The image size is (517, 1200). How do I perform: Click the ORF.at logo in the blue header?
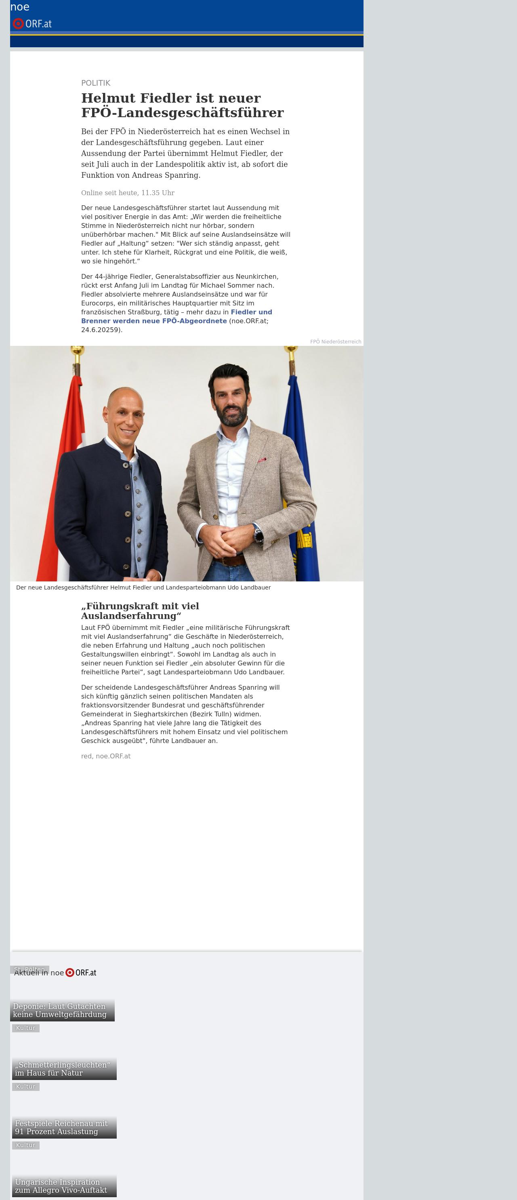point(32,23)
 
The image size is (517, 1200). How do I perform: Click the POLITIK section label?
point(95,83)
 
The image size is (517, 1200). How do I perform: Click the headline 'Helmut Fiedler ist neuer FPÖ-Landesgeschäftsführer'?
point(182,105)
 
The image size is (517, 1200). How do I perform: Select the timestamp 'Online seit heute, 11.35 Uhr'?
point(128,193)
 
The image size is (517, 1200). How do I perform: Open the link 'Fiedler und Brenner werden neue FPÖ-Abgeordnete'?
point(177,316)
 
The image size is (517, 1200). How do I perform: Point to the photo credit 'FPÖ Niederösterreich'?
point(335,341)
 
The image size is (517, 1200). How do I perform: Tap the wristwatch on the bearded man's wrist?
point(258,534)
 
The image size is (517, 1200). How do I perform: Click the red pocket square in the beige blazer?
point(262,460)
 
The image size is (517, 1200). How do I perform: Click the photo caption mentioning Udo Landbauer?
point(143,587)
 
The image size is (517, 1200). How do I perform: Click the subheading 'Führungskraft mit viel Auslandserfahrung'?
point(140,611)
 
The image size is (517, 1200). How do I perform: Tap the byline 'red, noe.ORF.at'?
point(106,756)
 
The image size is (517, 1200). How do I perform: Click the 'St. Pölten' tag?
point(29,969)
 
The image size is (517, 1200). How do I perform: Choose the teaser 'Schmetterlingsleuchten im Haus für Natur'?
point(64,1069)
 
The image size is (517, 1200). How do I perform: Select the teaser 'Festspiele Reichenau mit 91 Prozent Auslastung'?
point(64,1127)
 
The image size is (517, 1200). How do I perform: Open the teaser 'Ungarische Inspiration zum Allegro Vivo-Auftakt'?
point(64,1185)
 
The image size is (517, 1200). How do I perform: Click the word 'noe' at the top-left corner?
point(19,7)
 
